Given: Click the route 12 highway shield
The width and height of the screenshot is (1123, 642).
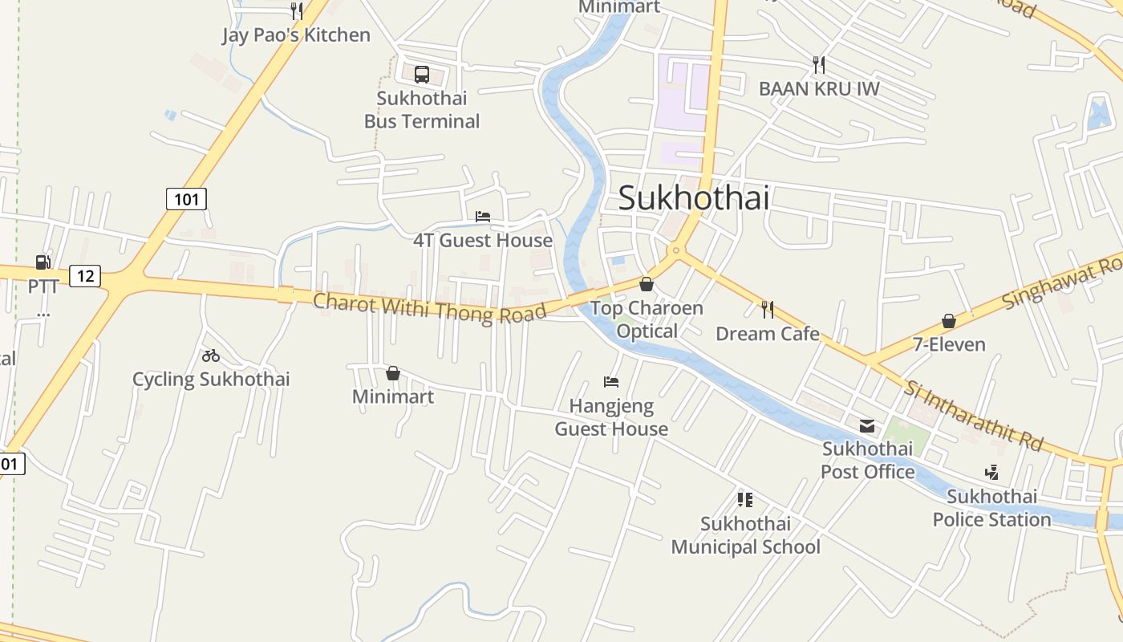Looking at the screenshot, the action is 85,277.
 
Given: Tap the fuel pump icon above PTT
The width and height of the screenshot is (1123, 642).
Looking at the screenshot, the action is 43,262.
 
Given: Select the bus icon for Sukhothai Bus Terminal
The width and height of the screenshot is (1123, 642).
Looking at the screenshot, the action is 422,75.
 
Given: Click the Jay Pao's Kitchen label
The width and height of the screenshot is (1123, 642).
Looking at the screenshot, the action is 296,35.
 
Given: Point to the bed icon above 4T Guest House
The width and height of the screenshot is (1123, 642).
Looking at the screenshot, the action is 483,217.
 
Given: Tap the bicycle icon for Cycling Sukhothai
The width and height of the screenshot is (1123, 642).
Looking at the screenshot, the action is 211,356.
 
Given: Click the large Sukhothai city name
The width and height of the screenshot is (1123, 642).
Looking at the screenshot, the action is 694,198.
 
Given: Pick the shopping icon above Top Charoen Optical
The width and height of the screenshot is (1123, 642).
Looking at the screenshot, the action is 647,284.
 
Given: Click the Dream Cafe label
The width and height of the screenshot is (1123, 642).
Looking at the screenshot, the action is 768,334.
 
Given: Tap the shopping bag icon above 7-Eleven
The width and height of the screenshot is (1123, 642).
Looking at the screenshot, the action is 949,321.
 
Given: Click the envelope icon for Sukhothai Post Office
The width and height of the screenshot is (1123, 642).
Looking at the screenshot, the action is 867,425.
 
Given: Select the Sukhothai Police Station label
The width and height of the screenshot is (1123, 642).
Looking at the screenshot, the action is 991,508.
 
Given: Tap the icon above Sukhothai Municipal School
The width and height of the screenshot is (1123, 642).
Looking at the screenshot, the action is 745,500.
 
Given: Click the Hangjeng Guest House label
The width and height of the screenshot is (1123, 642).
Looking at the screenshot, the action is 611,417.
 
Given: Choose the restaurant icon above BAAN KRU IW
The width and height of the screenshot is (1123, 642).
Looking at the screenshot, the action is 819,64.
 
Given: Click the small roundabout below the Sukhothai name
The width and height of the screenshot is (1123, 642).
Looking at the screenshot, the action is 676,251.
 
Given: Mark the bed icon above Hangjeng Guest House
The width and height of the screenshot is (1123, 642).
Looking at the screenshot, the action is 611,382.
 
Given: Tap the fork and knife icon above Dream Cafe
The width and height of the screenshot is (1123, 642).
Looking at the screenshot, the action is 768,309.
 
